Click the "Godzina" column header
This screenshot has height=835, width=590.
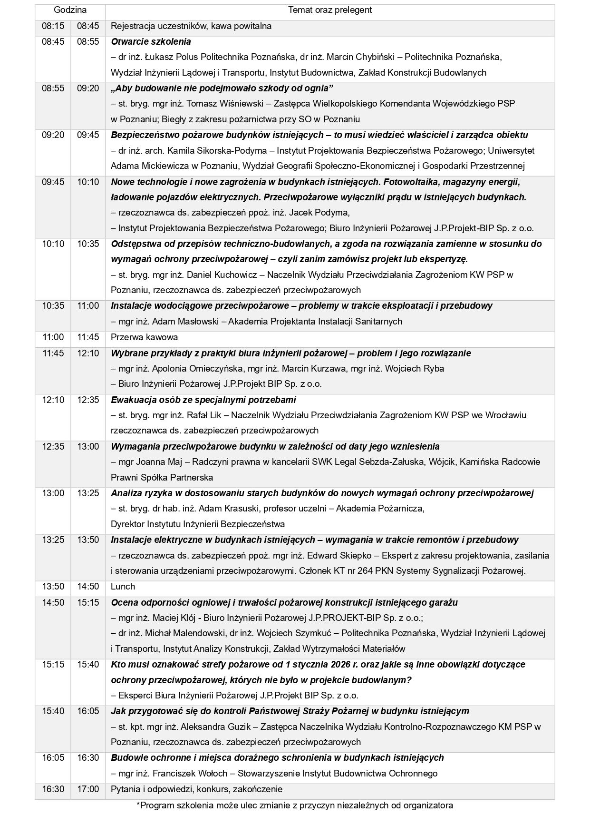[70, 10]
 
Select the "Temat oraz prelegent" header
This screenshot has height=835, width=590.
[330, 10]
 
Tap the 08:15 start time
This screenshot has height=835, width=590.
[53, 26]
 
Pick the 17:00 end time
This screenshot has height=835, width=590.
[88, 789]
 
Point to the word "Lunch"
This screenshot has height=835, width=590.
[123, 587]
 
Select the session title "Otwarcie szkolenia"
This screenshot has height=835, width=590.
[151, 41]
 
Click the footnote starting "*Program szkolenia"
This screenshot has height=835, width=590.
[294, 806]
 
